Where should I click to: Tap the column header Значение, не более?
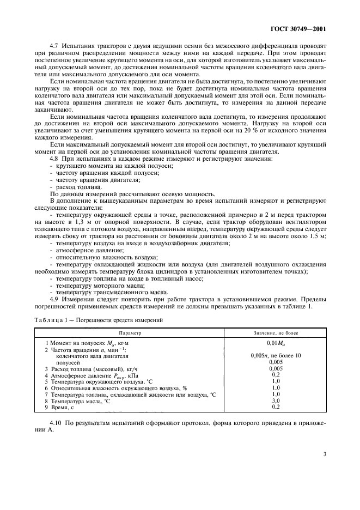click(275, 332)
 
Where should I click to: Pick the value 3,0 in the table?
click(275, 400)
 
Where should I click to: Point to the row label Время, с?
click(63, 406)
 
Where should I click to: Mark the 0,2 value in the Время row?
click(275, 406)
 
